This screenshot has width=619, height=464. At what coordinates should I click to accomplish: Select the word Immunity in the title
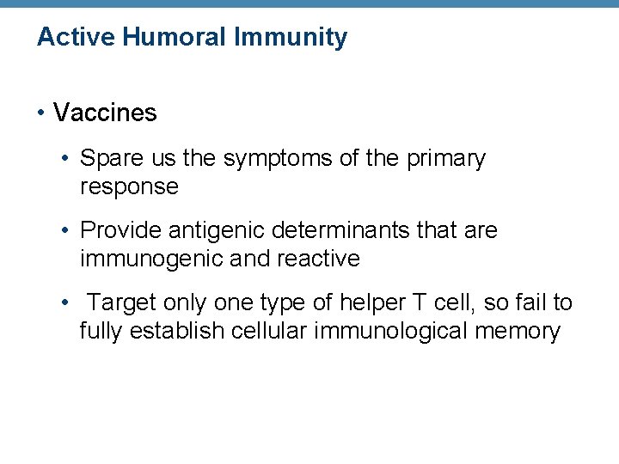pyautogui.click(x=294, y=37)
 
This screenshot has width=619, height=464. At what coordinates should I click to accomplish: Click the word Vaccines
pyautogui.click(x=105, y=113)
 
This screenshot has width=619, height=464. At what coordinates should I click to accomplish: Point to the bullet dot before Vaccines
pyautogui.click(x=41, y=113)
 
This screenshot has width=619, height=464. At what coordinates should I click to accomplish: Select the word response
pyautogui.click(x=129, y=186)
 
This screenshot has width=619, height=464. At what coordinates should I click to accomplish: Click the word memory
pyautogui.click(x=524, y=331)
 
